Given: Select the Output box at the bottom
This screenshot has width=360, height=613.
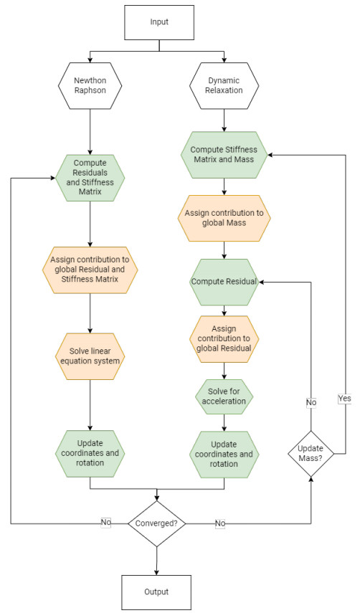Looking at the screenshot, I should (x=157, y=591).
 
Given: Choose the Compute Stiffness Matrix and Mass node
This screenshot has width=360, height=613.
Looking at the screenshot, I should (x=224, y=154).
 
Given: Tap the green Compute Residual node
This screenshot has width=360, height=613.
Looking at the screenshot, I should (x=224, y=282).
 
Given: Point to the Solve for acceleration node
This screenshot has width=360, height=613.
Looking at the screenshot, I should (x=224, y=395).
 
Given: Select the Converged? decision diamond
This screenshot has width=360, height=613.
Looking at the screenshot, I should (x=157, y=523).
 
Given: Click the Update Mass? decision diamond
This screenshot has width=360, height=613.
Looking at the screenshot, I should (x=311, y=453).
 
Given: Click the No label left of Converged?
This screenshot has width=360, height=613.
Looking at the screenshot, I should (x=105, y=523).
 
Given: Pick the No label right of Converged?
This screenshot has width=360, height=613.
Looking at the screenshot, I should (x=219, y=523).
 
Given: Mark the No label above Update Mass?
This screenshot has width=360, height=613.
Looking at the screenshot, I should (x=311, y=403).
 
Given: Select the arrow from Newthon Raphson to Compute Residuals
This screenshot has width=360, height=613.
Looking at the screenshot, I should (x=90, y=135).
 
